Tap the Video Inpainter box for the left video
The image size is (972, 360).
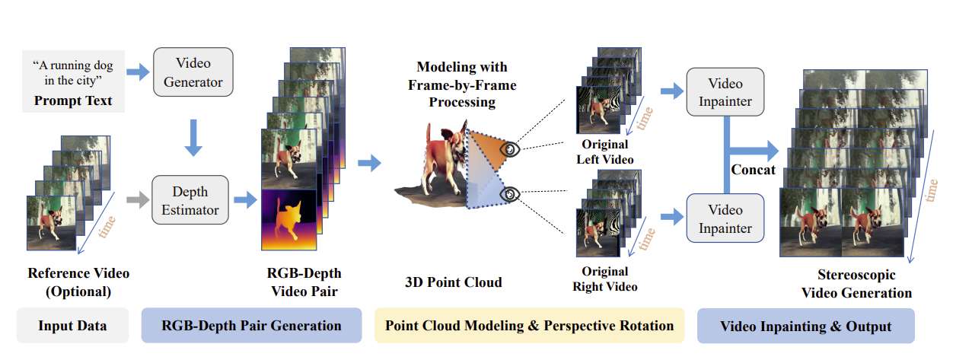point(725,91)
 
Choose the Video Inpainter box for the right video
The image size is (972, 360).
point(725,218)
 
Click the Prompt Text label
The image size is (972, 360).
point(72,100)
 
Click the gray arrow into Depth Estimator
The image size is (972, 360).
point(135,200)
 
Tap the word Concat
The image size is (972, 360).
point(753,170)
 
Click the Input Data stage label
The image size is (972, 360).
point(72,326)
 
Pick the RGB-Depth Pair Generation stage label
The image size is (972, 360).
point(251,326)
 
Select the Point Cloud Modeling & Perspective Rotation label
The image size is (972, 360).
point(529,326)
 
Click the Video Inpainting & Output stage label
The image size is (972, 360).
point(805,326)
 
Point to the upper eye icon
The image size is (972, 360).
point(509,150)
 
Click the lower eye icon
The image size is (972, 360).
point(509,195)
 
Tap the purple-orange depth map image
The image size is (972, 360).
point(288,219)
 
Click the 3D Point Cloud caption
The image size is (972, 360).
point(453,282)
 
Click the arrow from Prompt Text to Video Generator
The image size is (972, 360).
point(138,72)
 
